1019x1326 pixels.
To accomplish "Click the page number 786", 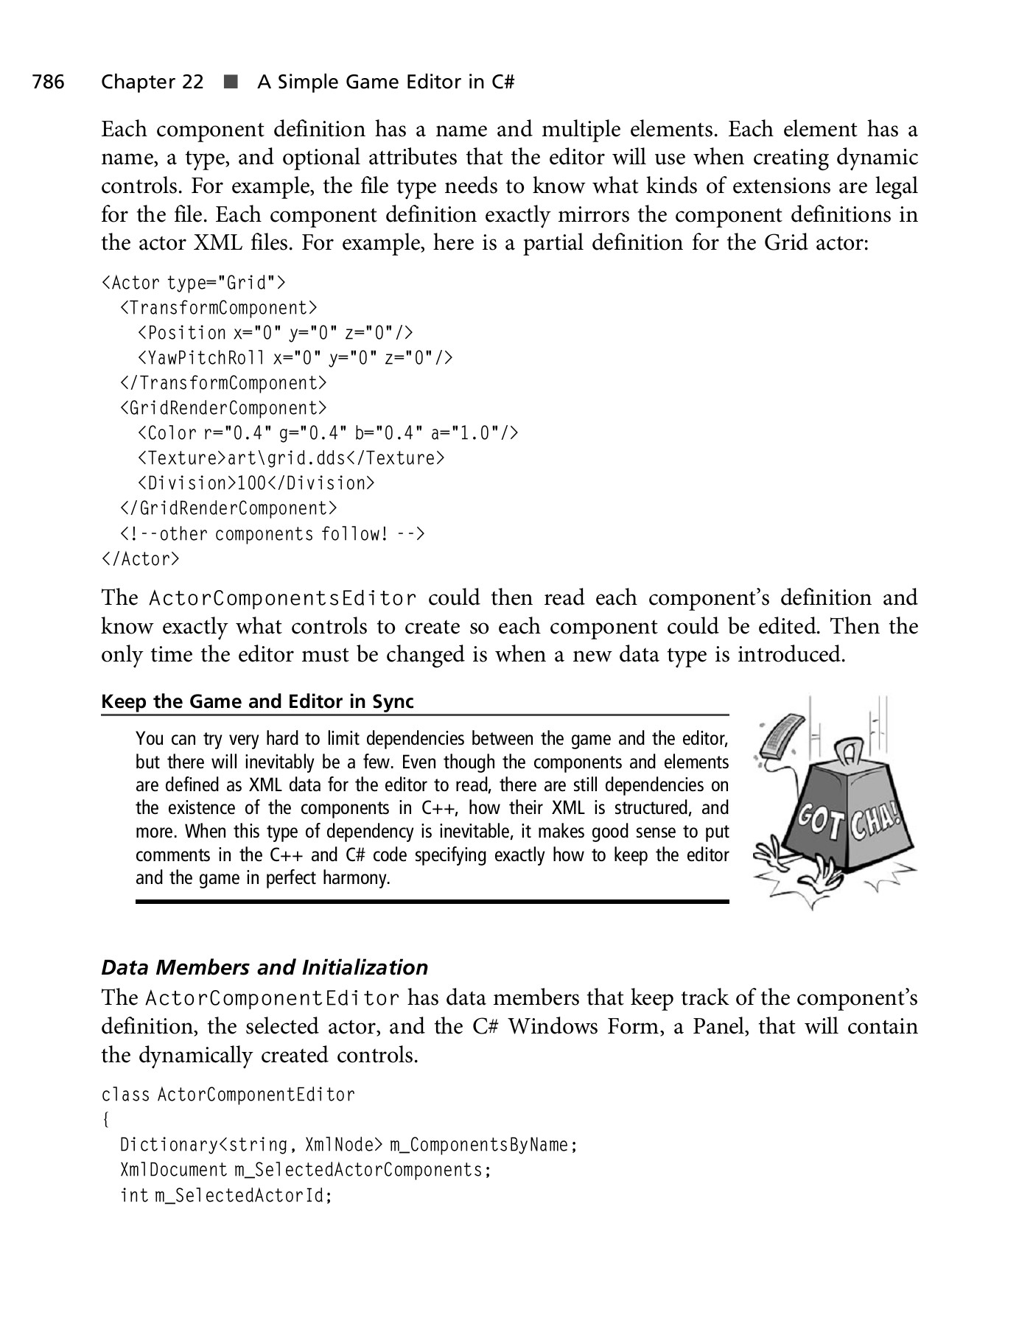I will pos(48,82).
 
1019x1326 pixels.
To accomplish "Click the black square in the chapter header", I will pos(231,82).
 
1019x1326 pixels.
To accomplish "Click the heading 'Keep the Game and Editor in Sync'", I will pos(257,701).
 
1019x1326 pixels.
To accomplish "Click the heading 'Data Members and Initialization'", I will pos(264,967).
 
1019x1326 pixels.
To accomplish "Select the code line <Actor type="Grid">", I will pos(193,283).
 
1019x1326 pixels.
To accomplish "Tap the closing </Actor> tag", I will pos(140,559).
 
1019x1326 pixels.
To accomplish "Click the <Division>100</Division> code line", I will pos(256,483).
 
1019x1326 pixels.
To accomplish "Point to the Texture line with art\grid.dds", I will pos(290,458).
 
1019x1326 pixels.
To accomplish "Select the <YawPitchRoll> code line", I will pos(294,358).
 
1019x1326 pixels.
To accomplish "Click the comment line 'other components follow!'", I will pos(272,533).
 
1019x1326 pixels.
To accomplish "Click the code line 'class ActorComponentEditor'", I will pos(228,1095).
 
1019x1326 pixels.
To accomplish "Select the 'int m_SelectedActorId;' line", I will pos(226,1195).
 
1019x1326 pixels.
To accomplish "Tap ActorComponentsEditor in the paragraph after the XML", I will pos(282,597).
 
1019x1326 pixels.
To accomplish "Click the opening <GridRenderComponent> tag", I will pos(223,408).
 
